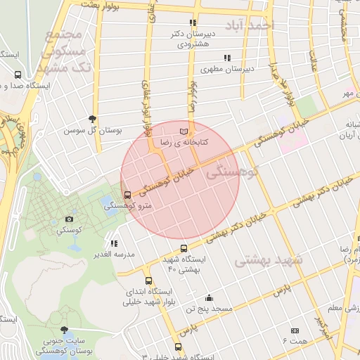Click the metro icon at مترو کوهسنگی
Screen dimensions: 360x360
(127, 195)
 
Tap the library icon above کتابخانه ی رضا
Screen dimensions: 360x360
(184, 131)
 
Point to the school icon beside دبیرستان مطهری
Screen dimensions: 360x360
(226, 58)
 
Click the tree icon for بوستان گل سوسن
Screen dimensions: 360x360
(92, 120)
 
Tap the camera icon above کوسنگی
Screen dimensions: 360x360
(68, 219)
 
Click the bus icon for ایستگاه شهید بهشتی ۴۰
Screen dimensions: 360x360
(184, 248)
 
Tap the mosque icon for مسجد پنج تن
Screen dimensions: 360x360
(209, 297)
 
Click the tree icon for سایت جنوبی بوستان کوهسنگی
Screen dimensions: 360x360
(65, 330)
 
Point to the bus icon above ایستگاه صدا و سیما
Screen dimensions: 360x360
(18, 75)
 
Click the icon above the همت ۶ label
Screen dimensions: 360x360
(295, 330)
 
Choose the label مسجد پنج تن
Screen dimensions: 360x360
(209, 308)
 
